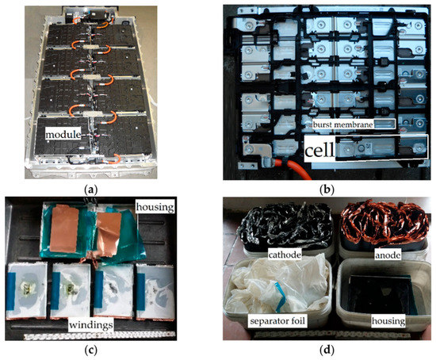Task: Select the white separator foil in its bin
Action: [270, 293]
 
